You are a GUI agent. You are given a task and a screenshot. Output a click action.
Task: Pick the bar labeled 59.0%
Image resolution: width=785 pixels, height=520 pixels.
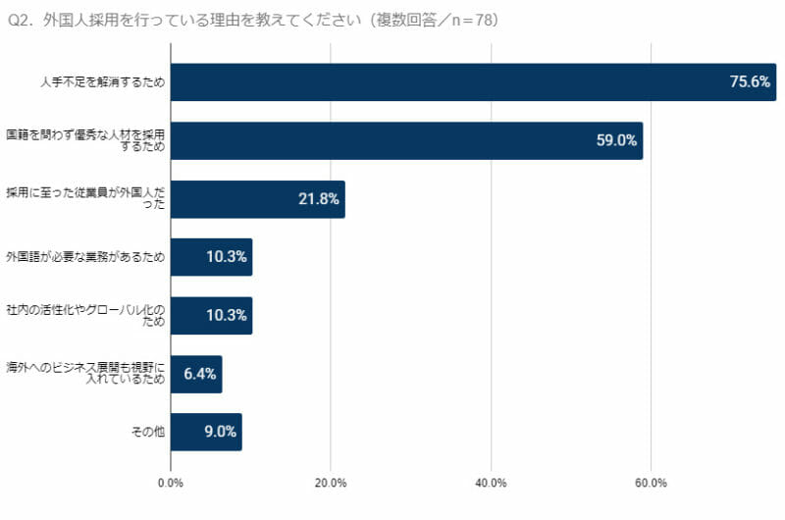click(x=406, y=140)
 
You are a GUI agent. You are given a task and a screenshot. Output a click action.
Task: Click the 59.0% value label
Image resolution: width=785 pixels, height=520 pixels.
click(x=616, y=140)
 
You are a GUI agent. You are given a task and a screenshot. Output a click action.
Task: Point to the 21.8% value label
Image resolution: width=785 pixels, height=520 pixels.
click(x=319, y=199)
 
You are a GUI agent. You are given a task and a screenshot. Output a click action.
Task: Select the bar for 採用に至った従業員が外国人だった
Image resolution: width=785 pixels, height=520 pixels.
click(x=257, y=199)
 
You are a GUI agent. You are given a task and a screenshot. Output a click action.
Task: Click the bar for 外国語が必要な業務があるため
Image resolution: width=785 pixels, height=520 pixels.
click(x=211, y=257)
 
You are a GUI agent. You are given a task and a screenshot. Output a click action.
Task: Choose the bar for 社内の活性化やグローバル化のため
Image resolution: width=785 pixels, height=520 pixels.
click(x=211, y=316)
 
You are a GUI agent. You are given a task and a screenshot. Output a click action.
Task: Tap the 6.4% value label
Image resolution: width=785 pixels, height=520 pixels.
click(x=200, y=374)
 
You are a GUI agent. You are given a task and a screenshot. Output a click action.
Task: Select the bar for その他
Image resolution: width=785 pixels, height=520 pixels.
click(x=206, y=432)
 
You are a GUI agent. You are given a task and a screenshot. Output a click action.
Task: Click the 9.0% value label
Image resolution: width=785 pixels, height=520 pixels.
click(x=217, y=432)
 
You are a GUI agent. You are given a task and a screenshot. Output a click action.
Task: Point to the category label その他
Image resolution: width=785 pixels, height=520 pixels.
click(x=147, y=432)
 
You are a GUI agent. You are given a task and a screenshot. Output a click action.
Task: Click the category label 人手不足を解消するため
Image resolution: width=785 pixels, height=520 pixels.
click(x=102, y=82)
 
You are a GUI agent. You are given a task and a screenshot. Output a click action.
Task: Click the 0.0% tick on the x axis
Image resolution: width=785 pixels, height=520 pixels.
click(x=171, y=483)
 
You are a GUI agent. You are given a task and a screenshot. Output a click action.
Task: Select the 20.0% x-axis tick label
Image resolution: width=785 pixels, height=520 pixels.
click(x=331, y=483)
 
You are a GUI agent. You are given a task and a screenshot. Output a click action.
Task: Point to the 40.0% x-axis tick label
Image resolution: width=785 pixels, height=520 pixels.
click(x=491, y=483)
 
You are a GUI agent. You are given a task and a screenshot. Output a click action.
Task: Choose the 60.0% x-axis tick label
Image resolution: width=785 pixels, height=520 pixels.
click(x=651, y=483)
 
